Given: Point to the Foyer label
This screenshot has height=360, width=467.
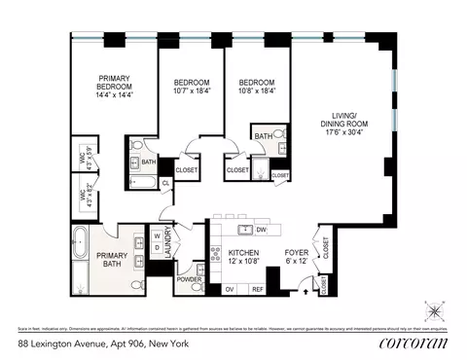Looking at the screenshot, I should coord(296,252).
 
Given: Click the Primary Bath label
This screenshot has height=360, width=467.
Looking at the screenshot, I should coord(110,259).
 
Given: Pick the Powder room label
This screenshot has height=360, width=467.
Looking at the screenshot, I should coord(190,279).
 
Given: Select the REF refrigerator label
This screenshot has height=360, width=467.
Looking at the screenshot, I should coord(258,289).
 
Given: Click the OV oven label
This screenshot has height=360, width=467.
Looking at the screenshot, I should coord(231,289).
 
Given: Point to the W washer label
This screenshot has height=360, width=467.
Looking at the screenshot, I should coord(155,234).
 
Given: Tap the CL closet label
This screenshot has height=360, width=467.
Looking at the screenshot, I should coord(166,182).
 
